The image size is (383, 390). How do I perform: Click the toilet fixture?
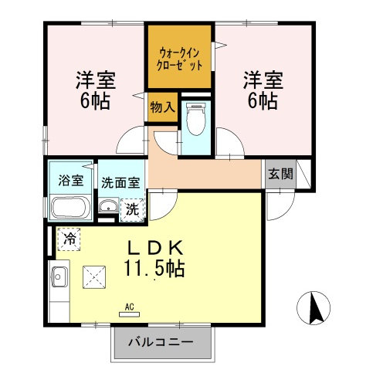pyautogui.click(x=196, y=119)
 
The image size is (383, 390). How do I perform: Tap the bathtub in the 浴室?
pyautogui.click(x=71, y=208)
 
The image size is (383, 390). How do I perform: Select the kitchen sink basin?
pyautogui.click(x=59, y=276)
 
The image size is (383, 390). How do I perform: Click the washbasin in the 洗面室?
pyautogui.click(x=108, y=205)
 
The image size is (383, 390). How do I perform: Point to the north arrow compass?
pyautogui.click(x=314, y=308)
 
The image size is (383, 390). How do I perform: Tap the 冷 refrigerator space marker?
pyautogui.click(x=69, y=239)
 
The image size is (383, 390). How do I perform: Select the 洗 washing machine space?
pyautogui.click(x=132, y=210)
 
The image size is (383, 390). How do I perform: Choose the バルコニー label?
pyautogui.click(x=161, y=342)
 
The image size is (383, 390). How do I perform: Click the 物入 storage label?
pyautogui.click(x=163, y=107)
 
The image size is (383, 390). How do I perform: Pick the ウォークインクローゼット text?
pyautogui.click(x=179, y=59)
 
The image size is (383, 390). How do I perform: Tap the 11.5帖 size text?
pyautogui.click(x=154, y=269)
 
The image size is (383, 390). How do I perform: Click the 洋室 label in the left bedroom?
pyautogui.click(x=96, y=80)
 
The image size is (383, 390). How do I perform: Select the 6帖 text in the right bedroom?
pyautogui.click(x=263, y=101)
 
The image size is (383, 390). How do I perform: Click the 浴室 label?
pyautogui.click(x=71, y=180)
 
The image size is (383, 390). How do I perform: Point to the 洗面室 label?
pyautogui.click(x=120, y=182)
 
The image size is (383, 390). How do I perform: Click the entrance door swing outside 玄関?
pyautogui.click(x=280, y=205)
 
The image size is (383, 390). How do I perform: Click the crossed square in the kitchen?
pyautogui.click(x=94, y=277)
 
